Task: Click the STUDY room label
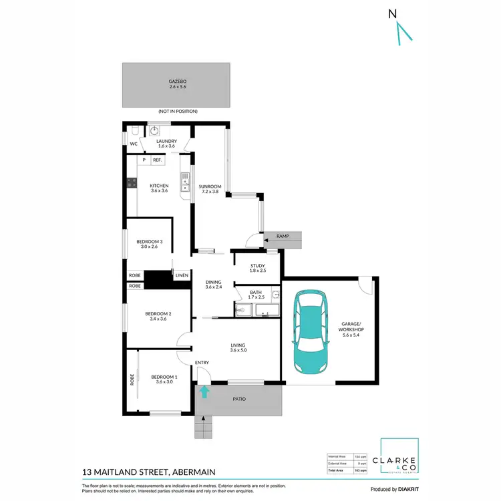click(258, 267)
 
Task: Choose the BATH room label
click(256, 293)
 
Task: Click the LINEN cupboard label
click(182, 275)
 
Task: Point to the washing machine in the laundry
click(155, 131)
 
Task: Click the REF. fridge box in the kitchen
click(158, 160)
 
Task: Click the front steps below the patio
click(203, 426)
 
